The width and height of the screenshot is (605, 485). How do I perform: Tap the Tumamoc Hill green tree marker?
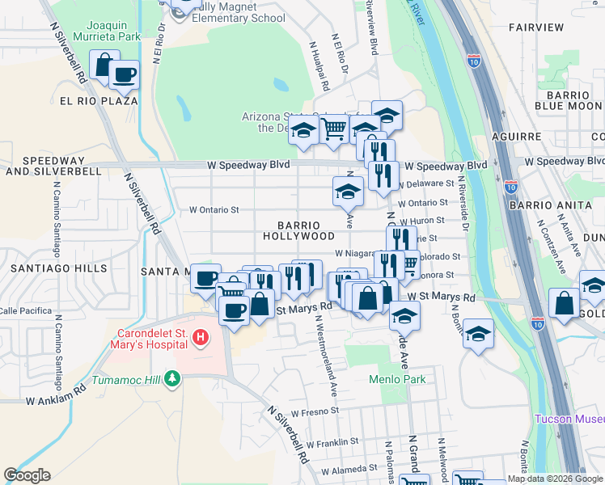pos(171,378)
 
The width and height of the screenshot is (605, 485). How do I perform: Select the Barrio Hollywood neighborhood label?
pos(298,230)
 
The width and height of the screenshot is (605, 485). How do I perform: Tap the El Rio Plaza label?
pos(98,101)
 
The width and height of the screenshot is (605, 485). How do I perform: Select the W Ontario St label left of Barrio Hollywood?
pos(214,210)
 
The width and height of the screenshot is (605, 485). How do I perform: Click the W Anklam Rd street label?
pos(55,399)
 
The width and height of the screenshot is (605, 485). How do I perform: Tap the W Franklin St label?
pos(332,442)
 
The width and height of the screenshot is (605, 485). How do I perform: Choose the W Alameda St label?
pos(349,468)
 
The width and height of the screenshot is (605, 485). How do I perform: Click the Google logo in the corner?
pos(27,475)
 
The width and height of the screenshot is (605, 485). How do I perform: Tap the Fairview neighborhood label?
pos(536,27)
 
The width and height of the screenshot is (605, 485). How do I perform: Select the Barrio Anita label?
pos(551,205)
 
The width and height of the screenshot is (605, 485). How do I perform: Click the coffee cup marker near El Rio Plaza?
pos(125,75)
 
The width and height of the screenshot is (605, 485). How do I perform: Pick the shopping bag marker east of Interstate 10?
pos(565,303)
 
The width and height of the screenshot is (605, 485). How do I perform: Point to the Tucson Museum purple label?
pos(570,419)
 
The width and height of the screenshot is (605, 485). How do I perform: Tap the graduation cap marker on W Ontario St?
pos(348,192)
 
